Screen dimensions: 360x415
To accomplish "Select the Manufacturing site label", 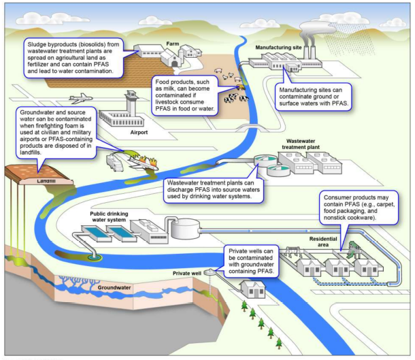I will pyautogui.click(x=278, y=48).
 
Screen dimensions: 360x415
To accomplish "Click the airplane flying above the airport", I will pyautogui.click(x=80, y=98).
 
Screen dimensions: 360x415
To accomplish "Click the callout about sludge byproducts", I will pyautogui.click(x=74, y=57).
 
